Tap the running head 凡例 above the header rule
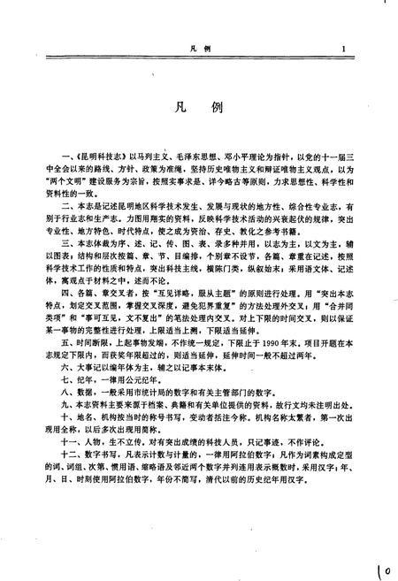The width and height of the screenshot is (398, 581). tap(199, 50)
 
